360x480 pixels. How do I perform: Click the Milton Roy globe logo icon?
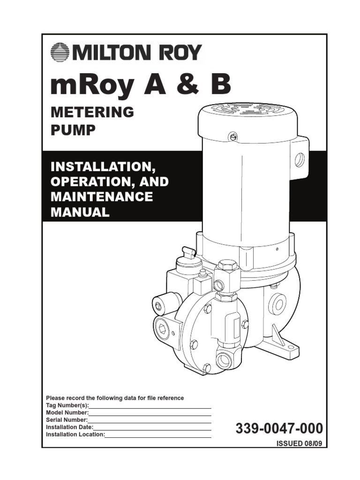[x=60, y=52]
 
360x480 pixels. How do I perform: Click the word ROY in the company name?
[x=180, y=52]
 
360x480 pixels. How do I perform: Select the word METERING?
[x=92, y=112]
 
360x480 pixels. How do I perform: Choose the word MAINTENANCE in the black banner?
[x=101, y=196]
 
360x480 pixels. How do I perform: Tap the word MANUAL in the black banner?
[x=80, y=211]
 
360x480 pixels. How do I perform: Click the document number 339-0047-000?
[x=279, y=428]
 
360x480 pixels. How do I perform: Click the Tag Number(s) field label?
[x=67, y=405]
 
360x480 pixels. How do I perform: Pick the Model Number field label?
[x=67, y=412]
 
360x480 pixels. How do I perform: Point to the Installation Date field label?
[x=69, y=427]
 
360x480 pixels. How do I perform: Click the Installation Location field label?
[x=75, y=435]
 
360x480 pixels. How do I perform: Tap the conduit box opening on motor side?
[x=299, y=160]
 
